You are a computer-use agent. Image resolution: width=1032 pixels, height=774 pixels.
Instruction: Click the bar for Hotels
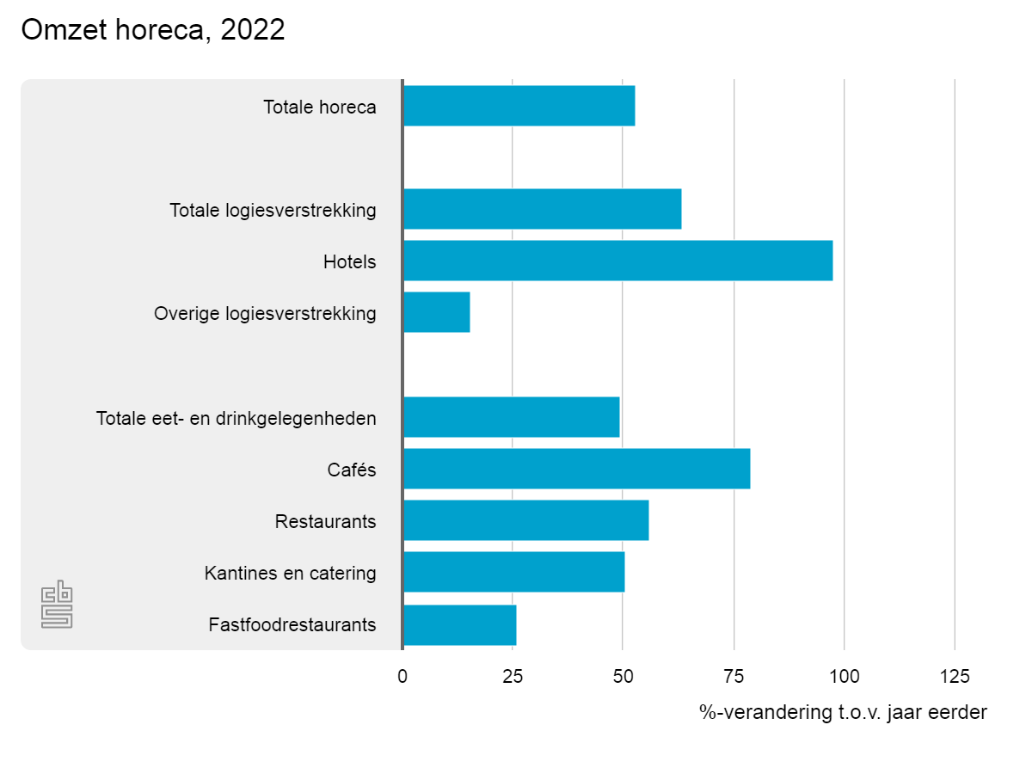tap(617, 261)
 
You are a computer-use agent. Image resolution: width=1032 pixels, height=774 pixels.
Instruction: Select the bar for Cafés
tap(576, 469)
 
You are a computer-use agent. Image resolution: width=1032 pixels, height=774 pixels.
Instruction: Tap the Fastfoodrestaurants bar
tap(459, 625)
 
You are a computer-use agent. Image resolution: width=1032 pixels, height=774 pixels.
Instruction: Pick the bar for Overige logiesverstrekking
tap(436, 312)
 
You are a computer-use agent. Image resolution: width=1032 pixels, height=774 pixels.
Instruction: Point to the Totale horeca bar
tap(519, 106)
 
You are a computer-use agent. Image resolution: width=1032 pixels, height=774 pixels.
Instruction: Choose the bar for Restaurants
tap(525, 520)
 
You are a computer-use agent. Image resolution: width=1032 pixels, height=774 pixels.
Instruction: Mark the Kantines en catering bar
tap(513, 572)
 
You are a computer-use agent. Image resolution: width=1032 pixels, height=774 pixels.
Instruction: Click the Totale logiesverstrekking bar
tap(542, 209)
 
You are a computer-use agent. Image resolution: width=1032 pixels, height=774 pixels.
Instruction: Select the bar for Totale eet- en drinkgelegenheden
tap(511, 417)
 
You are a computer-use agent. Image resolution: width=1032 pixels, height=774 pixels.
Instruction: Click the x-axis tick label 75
tap(734, 677)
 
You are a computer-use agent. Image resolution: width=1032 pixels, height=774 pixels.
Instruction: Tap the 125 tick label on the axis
tap(955, 677)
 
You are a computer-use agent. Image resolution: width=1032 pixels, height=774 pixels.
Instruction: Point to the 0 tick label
tap(402, 677)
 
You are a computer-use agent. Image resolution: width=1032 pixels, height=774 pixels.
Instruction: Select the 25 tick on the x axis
tap(513, 677)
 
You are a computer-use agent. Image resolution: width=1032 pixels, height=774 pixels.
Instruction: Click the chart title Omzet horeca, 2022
tap(153, 31)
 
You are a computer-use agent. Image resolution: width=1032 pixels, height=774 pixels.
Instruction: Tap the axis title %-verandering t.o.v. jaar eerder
tap(843, 713)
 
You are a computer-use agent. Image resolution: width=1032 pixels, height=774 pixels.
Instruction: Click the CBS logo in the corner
tap(57, 605)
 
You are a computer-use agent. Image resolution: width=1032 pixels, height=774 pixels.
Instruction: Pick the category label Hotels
tap(349, 261)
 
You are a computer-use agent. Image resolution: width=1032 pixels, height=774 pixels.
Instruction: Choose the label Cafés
tap(351, 470)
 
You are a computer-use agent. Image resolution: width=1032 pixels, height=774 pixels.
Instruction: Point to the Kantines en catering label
tap(290, 573)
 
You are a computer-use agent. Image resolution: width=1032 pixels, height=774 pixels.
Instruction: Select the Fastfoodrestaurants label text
tap(292, 624)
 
